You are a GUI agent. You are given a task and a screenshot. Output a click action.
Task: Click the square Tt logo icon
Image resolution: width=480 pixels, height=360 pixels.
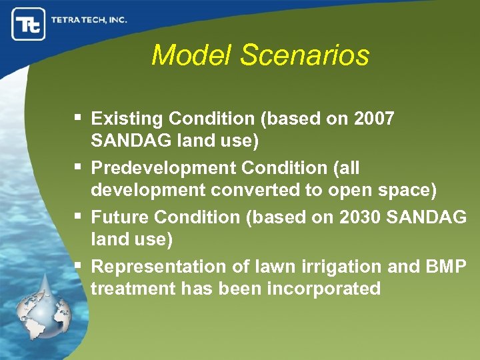pos(28,24)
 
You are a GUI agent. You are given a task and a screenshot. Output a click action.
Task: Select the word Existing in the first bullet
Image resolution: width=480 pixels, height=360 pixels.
pos(127,119)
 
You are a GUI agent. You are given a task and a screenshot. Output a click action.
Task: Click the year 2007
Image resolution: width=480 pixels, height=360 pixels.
pos(375,119)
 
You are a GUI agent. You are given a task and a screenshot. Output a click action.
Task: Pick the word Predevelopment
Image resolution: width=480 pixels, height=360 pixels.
pos(154,169)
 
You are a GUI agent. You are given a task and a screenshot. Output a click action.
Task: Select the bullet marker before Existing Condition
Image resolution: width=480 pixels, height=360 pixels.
pos(80,119)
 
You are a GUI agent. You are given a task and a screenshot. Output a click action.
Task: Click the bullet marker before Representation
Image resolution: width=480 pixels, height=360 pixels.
pos(80,266)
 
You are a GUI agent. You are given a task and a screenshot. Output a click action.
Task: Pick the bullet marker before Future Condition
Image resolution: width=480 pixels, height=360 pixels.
pos(80,217)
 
